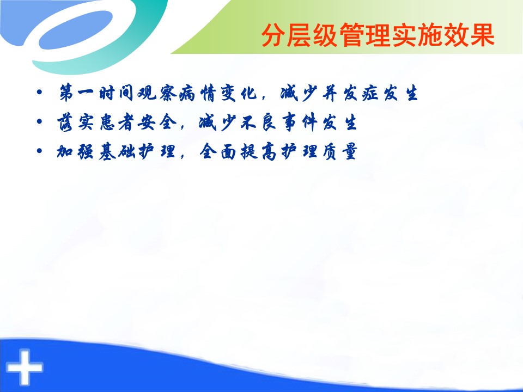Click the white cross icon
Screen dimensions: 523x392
tap(25, 367)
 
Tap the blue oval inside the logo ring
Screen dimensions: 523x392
tap(76, 30)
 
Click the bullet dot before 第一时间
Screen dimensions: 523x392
tap(40, 91)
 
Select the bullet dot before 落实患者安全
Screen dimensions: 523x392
tap(40, 121)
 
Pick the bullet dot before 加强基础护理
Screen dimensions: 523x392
tap(40, 151)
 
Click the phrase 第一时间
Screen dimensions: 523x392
tap(96, 93)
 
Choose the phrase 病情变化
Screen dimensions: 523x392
tap(218, 93)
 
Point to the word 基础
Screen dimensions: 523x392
tap(117, 152)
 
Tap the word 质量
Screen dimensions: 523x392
tap(340, 152)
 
